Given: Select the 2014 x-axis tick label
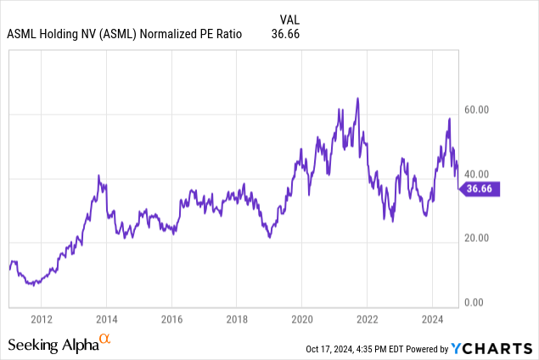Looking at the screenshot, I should pos(106,319).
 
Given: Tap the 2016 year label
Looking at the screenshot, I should pos(171,319).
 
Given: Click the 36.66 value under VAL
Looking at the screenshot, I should pos(284,35).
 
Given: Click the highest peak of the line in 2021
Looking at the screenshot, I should pos(357,98).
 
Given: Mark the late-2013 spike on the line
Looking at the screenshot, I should pos(98,176).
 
